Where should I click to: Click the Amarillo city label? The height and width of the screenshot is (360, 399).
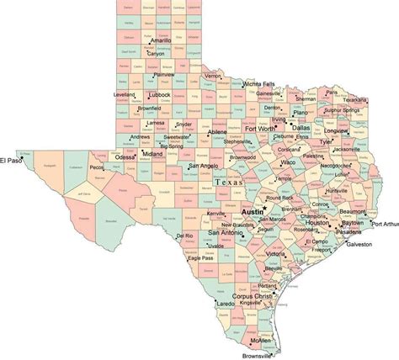(156, 40)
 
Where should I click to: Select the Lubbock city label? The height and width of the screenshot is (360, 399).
(156, 95)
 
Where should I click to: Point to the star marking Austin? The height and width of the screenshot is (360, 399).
(263, 207)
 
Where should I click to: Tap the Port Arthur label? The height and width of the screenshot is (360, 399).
(385, 225)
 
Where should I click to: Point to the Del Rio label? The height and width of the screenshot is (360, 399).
(184, 236)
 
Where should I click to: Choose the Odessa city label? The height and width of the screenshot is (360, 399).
(125, 156)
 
